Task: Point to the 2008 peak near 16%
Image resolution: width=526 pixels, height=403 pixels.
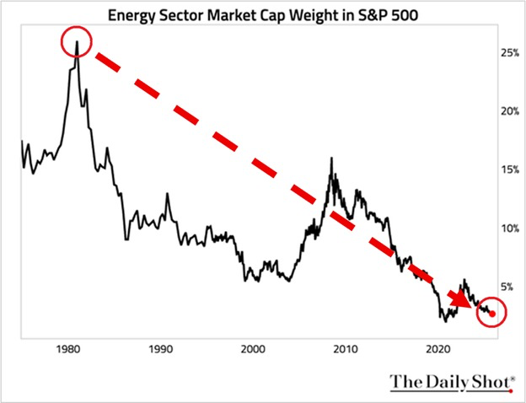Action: tap(331, 158)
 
